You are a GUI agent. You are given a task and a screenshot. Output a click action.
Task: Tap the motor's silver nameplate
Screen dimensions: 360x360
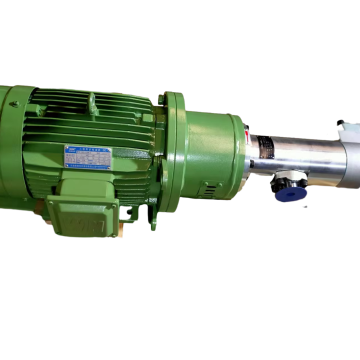tap(88, 157)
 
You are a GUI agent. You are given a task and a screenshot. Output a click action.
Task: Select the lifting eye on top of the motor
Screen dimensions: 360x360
tap(92, 101)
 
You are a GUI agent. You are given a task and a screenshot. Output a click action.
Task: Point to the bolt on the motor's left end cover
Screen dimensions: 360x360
tap(14, 103)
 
